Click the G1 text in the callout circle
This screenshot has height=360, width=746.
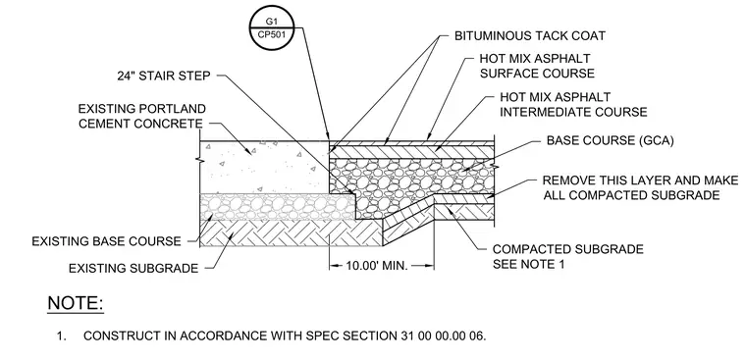[x=270, y=22]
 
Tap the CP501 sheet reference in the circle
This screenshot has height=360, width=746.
[x=270, y=34]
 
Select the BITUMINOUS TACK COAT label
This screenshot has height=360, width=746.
[x=529, y=35]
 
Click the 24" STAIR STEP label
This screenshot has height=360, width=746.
[x=164, y=77]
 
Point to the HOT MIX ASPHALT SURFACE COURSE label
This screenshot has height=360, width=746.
[x=537, y=66]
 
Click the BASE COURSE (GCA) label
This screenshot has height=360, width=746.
[x=610, y=141]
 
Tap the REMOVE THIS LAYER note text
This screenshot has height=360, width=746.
[x=640, y=187]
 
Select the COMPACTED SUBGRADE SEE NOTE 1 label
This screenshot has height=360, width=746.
[x=568, y=256]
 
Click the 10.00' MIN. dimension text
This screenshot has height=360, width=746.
[x=377, y=266]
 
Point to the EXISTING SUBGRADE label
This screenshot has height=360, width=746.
[x=133, y=269]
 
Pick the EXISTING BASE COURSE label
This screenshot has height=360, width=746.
[x=107, y=241]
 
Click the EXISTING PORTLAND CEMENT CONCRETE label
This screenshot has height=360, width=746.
[x=141, y=117]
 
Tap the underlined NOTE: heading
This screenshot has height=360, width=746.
[x=76, y=303]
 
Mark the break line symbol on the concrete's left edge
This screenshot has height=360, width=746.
[x=200, y=160]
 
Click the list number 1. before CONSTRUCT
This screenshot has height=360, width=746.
[x=61, y=335]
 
